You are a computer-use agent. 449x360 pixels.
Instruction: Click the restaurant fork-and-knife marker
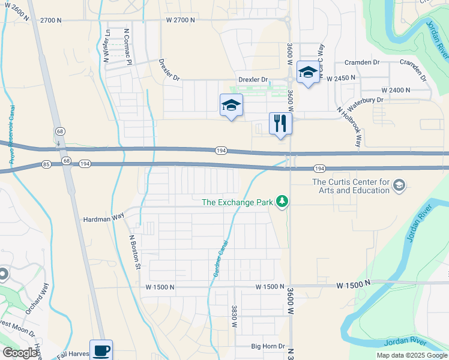(280, 123)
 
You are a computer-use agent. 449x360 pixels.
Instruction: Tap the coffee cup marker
(101, 350)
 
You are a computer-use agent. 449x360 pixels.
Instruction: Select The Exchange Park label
(237, 202)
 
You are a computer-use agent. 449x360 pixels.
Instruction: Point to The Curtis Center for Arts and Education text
(351, 187)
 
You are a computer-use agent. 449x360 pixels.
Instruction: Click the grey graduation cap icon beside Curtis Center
(399, 187)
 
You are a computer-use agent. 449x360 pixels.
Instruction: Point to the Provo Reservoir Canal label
(11, 135)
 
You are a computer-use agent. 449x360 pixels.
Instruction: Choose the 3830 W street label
(234, 316)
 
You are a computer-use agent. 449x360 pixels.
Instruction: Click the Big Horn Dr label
(267, 346)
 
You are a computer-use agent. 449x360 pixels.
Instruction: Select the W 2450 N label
(341, 78)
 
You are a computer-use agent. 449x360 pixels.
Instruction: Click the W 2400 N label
(390, 90)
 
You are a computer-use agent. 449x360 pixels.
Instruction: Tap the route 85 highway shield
(46, 163)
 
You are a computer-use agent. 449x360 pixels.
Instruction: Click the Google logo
(20, 353)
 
